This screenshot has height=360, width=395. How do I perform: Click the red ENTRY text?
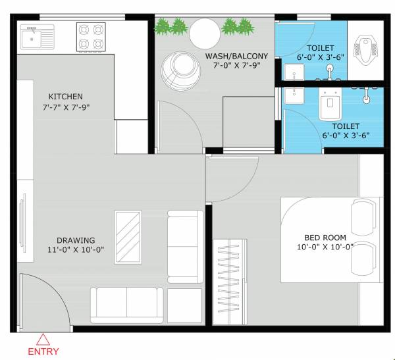click(43, 351)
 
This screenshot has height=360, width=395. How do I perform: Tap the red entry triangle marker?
click(43, 340)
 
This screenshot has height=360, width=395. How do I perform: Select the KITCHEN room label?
click(65, 97)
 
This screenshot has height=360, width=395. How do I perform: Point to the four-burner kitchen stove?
click(92, 38)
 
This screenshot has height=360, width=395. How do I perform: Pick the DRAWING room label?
click(76, 240)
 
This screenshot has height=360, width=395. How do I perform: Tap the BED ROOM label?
click(325, 238)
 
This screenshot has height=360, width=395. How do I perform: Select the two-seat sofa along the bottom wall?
click(126, 304)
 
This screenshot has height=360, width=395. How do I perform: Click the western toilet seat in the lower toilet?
click(329, 105)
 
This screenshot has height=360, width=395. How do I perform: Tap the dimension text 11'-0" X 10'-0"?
click(76, 250)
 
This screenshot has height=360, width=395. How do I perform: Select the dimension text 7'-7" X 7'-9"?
click(65, 107)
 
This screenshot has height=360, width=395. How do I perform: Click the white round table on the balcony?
click(205, 32)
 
